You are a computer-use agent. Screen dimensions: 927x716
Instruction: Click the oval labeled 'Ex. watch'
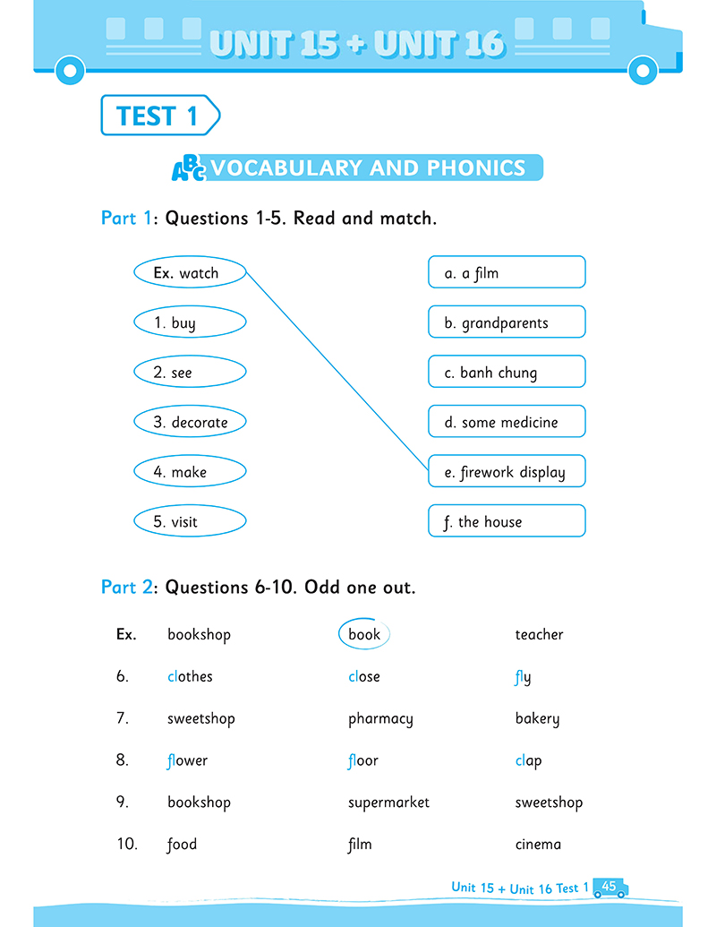click(189, 273)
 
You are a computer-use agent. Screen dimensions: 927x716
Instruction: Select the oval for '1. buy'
click(189, 322)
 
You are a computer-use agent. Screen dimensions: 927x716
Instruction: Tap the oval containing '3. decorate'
click(189, 422)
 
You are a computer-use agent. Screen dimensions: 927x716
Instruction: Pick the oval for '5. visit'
click(189, 521)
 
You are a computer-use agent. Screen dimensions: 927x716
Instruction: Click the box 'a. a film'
click(507, 272)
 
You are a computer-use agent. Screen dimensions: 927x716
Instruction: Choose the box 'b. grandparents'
click(507, 322)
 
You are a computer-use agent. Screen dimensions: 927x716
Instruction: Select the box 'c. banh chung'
click(507, 372)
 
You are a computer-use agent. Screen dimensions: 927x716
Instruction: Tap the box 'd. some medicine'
click(507, 422)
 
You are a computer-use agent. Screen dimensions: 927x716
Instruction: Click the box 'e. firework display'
click(507, 472)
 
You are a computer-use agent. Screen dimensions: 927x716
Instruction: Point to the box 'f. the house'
click(507, 521)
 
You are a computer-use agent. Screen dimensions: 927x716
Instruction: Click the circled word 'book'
click(364, 634)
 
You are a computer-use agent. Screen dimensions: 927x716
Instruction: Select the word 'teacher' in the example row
click(539, 634)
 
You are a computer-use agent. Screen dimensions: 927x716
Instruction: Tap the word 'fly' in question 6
click(523, 677)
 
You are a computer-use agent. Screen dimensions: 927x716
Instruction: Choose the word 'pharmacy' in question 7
click(380, 718)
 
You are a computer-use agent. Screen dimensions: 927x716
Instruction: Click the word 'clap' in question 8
click(528, 760)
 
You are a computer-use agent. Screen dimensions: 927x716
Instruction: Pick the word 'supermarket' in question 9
click(388, 803)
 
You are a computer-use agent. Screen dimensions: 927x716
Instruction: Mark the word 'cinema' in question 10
click(538, 844)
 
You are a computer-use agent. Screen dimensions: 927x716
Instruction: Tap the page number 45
click(609, 886)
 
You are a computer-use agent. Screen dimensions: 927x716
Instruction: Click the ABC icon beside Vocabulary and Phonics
click(189, 168)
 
